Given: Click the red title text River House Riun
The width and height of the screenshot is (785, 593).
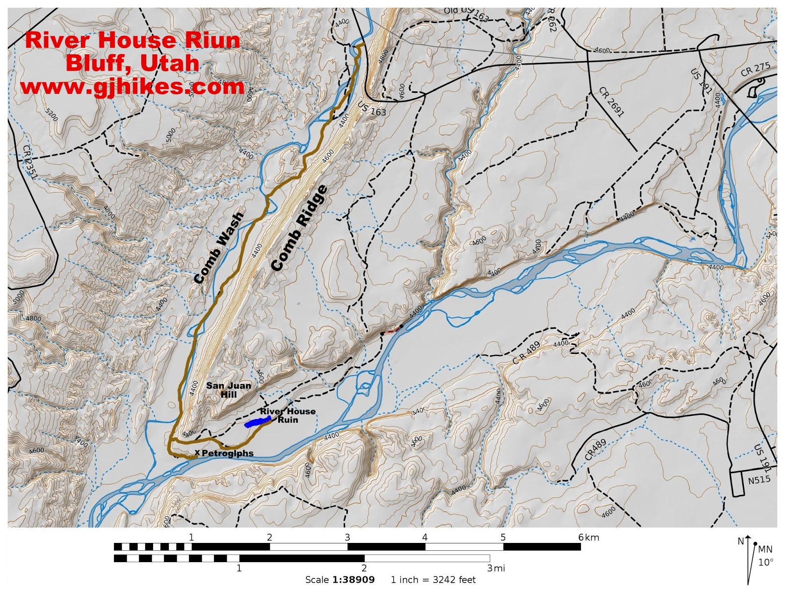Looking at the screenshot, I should pos(132,40).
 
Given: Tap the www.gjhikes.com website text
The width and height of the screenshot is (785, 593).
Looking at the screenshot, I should pos(132,87).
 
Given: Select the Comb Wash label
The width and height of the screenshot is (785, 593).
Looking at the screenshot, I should pos(219,248).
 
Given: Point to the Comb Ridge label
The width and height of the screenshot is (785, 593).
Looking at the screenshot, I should pos(299,228).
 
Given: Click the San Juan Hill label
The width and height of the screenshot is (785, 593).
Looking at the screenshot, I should pos(229,390).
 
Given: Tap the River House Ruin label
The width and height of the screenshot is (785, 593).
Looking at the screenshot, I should pos(288,415).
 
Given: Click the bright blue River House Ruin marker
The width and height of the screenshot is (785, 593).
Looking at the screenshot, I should pos(257,422).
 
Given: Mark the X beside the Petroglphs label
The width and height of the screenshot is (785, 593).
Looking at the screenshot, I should pos(197,453).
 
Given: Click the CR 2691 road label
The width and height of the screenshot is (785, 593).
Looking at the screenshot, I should pos(611,102).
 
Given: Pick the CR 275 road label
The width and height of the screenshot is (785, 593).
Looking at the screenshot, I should pos(755,70).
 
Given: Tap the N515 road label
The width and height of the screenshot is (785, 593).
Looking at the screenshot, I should pos(759,480).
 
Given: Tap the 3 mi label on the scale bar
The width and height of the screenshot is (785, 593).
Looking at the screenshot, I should pos(496,568).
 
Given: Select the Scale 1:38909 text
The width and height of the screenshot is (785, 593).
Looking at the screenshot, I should pos(340,580).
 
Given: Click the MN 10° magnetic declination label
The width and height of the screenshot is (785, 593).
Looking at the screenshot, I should pos(765,556).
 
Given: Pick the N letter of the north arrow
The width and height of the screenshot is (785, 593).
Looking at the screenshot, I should pos(741,541).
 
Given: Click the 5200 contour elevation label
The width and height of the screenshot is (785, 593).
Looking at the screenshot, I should pos(52,114).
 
